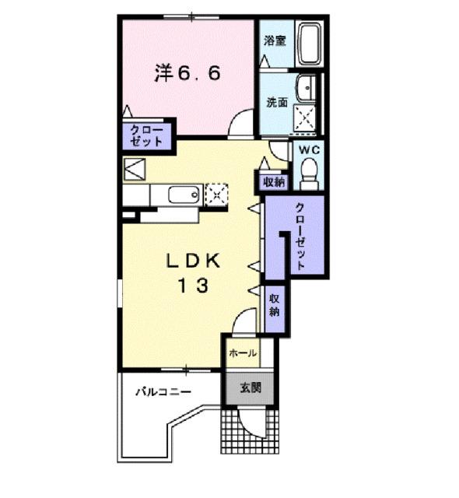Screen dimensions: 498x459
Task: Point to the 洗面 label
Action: click(x=276, y=103)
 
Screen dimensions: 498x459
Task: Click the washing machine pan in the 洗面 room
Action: click(x=305, y=117)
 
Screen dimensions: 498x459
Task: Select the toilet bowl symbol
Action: click(x=310, y=172)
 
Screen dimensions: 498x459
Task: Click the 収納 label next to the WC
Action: click(x=273, y=182)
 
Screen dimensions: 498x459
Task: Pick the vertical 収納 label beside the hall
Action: click(x=274, y=305)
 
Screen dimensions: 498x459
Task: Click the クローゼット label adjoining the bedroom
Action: click(x=146, y=135)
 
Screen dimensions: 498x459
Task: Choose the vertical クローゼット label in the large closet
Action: click(x=300, y=233)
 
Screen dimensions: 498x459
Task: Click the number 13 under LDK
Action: click(x=191, y=286)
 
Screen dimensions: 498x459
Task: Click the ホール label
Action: click(x=243, y=353)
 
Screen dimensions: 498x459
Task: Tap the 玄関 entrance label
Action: click(x=250, y=388)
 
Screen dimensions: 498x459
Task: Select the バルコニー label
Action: click(x=162, y=391)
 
